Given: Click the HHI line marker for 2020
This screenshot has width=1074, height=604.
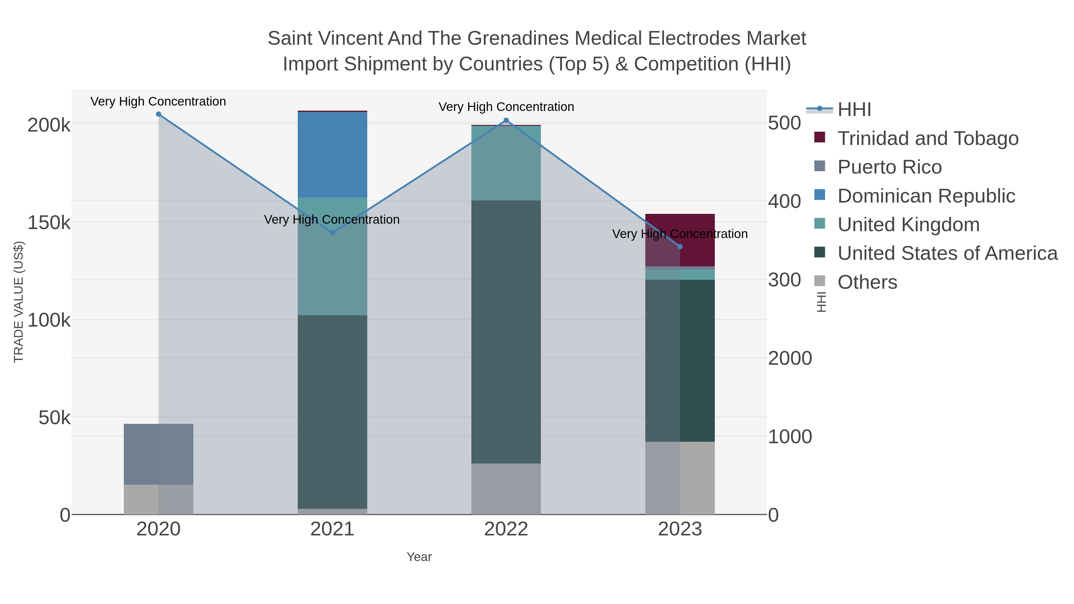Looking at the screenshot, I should (158, 114).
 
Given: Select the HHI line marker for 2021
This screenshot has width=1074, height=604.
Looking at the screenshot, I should (332, 233).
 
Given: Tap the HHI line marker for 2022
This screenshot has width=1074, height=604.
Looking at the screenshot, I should (506, 121).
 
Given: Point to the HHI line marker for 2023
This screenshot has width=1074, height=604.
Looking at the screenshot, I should (680, 247).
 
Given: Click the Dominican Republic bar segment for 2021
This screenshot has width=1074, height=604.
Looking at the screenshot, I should (332, 154).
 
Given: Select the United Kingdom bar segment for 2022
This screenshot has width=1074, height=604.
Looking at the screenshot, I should (506, 163).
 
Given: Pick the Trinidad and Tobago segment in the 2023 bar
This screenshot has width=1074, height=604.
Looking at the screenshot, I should (697, 240).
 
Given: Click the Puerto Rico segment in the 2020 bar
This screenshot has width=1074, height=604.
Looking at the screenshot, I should (158, 454).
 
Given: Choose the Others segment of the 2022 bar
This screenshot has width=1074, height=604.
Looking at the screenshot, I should (506, 489).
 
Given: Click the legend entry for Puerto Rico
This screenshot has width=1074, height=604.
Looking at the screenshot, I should (889, 167).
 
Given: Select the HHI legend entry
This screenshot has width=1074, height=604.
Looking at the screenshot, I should (854, 110).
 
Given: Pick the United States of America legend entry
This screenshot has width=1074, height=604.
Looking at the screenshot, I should (947, 254).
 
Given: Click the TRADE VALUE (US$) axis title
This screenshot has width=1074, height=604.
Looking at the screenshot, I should (19, 302).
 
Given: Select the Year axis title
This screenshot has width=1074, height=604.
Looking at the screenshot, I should (419, 557).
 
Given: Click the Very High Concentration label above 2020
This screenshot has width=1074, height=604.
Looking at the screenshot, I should (158, 101).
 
